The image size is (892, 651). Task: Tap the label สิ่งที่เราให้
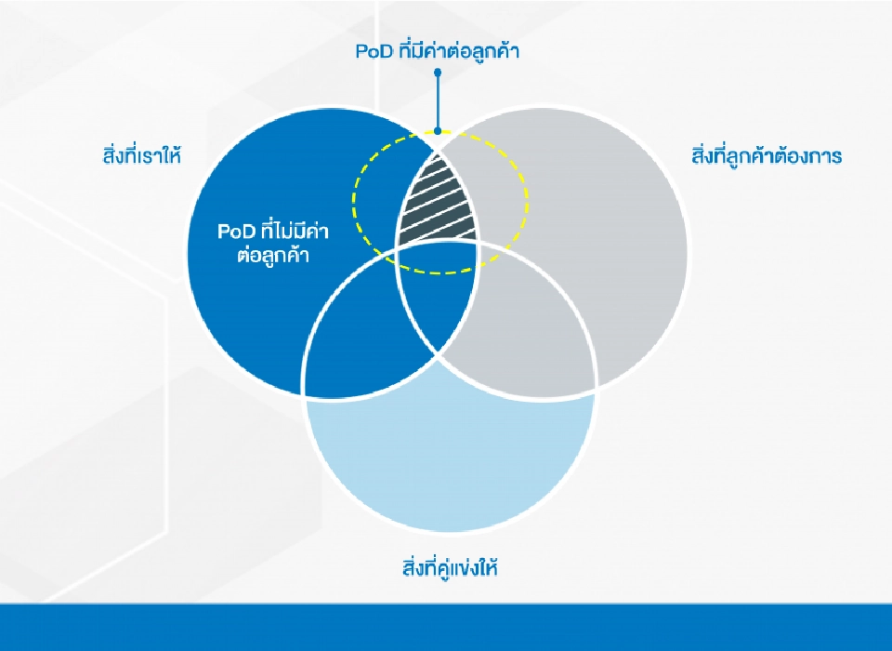pyautogui.click(x=141, y=155)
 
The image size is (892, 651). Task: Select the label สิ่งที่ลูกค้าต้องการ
pyautogui.click(x=767, y=155)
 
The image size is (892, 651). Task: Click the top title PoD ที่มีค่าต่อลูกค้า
pyautogui.click(x=437, y=51)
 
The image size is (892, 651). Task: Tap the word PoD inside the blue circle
pyautogui.click(x=233, y=231)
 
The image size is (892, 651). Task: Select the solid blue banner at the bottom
pyautogui.click(x=446, y=628)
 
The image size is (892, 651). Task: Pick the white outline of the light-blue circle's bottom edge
pyautogui.click(x=450, y=532)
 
